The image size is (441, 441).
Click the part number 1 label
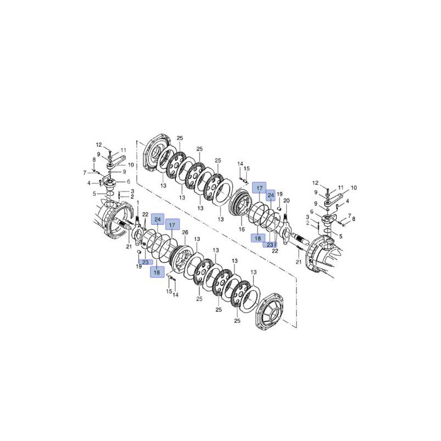(x=138, y=203)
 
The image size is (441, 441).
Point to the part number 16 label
(x=241, y=229)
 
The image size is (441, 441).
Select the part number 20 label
(x=286, y=201)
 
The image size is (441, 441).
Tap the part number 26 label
(x=185, y=232)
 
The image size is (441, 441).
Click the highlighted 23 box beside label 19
(x=146, y=262)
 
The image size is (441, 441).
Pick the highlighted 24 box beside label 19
(x=271, y=195)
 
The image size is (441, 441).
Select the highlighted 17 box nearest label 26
(x=172, y=225)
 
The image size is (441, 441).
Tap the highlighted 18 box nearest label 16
(x=258, y=238)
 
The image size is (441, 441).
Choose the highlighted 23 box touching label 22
(x=270, y=245)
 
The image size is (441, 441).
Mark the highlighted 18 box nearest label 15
(x=157, y=272)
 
